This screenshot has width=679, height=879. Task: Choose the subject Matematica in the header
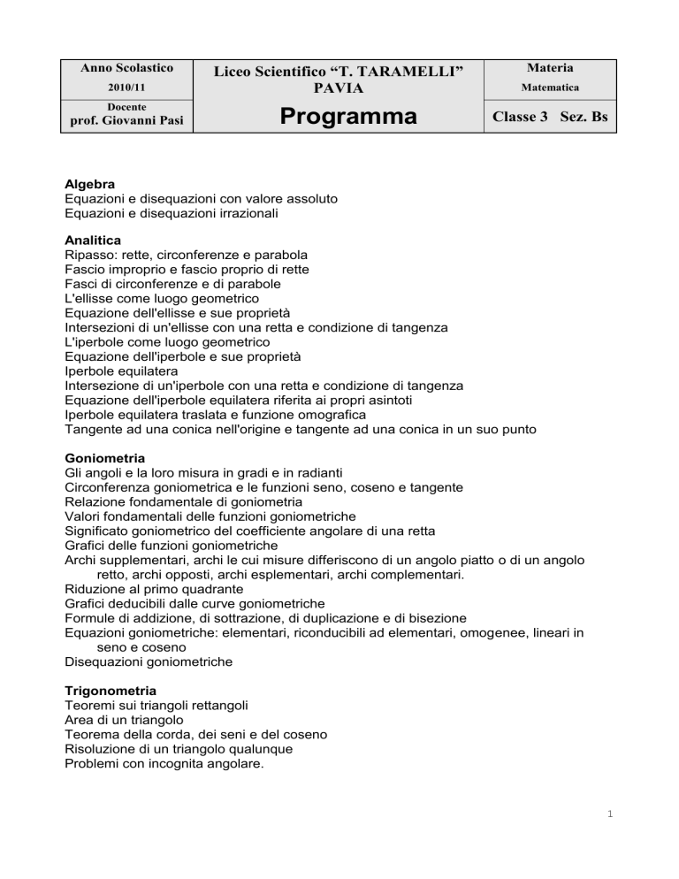coord(549,88)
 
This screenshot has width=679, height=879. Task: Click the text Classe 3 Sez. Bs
coord(549,117)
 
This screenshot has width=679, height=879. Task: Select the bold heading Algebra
coord(90,184)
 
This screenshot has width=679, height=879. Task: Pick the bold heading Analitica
coord(93,240)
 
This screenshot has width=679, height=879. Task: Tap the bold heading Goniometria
coord(106,459)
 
